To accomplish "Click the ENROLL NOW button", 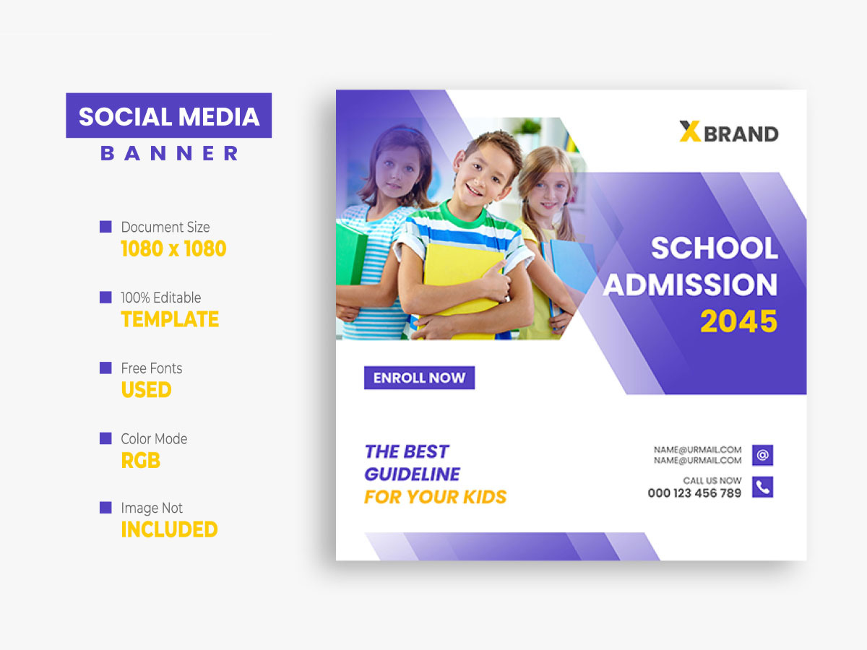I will [x=419, y=378].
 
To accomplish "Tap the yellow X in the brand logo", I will [x=690, y=131].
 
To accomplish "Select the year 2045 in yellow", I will [x=738, y=321].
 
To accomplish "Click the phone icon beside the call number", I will [x=762, y=487].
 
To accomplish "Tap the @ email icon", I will [x=762, y=455].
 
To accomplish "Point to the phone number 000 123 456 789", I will [x=694, y=493].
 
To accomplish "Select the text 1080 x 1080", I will [x=173, y=249].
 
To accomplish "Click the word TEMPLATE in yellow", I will [x=170, y=319].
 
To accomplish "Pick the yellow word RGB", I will [x=141, y=460].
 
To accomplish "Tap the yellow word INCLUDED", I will [x=169, y=529].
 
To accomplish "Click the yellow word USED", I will [x=146, y=390].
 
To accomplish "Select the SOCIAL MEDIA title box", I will [x=169, y=116].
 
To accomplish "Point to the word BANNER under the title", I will [x=169, y=153].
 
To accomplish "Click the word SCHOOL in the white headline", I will [x=714, y=248].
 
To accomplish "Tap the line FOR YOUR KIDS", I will [x=436, y=497].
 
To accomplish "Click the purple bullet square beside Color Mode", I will [x=105, y=438].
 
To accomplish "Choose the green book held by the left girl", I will [x=350, y=253].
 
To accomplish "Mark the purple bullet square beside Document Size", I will [x=105, y=227].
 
